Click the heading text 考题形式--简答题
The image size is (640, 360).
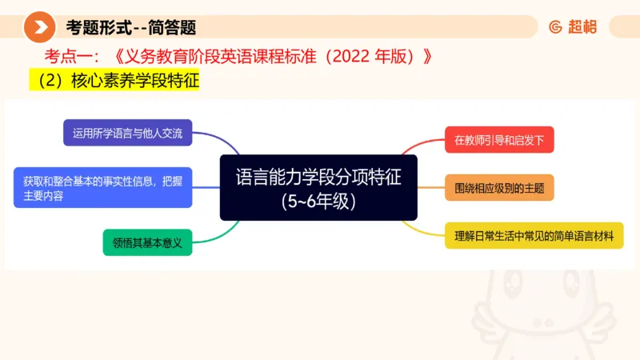click(x=131, y=27)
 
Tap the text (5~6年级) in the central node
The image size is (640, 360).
click(x=318, y=201)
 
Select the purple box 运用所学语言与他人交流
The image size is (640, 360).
click(x=128, y=133)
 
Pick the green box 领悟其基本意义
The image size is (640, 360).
click(x=148, y=242)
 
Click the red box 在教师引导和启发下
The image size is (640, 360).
click(x=499, y=139)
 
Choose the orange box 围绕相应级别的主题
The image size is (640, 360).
click(x=499, y=189)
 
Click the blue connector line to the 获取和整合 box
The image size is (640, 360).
click(x=206, y=188)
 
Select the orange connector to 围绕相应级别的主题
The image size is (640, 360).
click(x=431, y=189)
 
